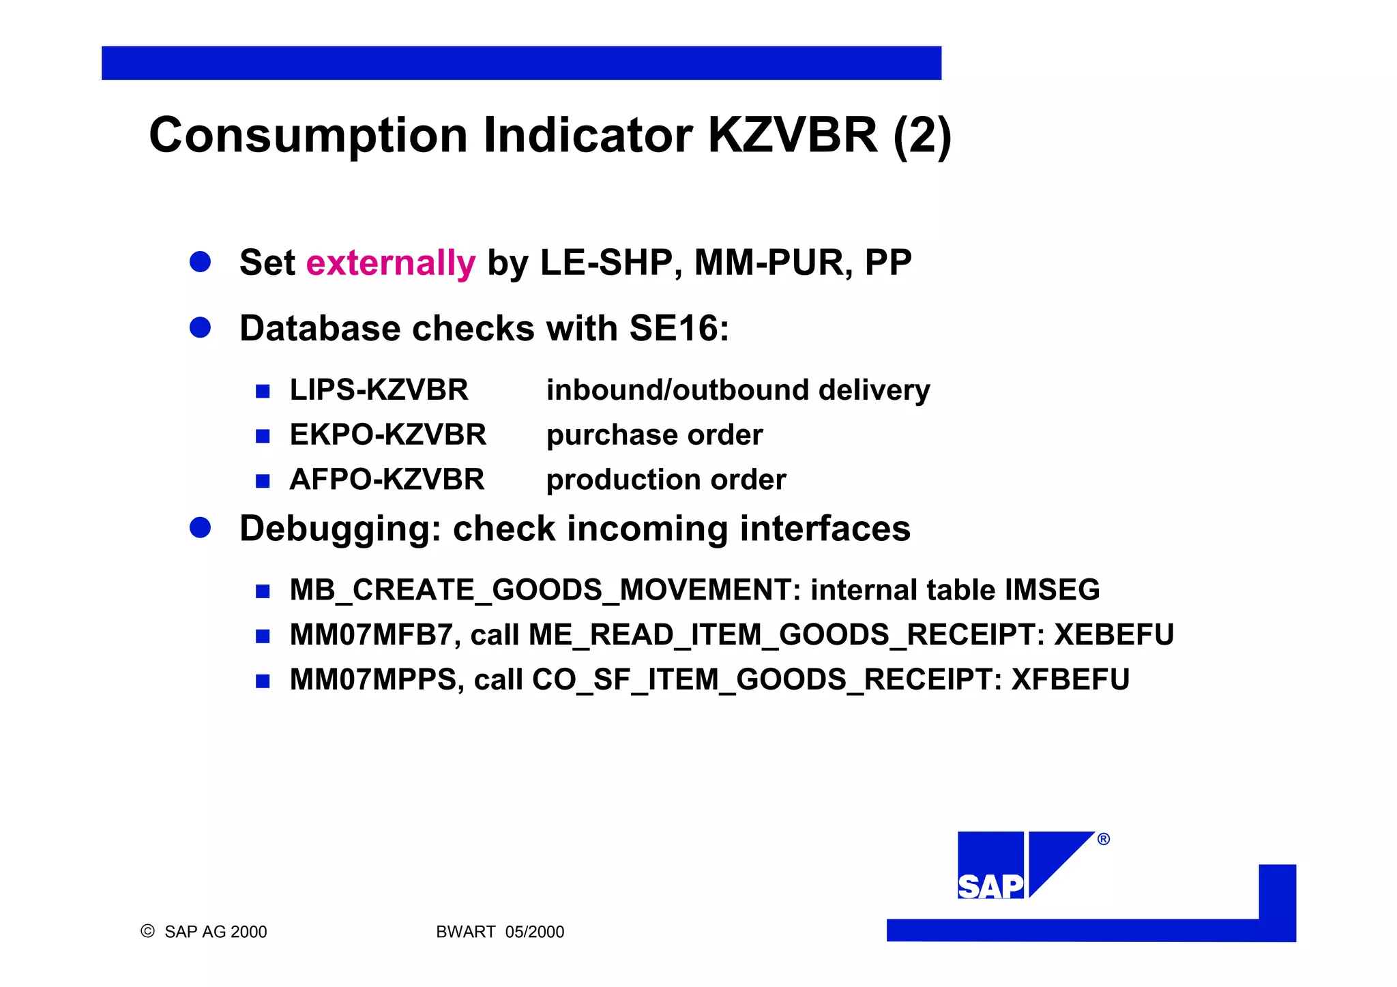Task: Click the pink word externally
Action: click(390, 263)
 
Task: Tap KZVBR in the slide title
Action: click(792, 135)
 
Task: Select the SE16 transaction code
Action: click(673, 329)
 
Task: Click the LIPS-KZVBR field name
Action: click(379, 390)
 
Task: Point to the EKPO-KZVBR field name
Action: click(387, 435)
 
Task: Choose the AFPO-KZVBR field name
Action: click(387, 480)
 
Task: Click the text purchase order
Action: click(654, 435)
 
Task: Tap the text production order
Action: click(666, 480)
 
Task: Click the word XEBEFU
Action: click(1114, 635)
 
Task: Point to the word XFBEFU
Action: click(1070, 679)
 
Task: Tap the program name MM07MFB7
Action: click(371, 635)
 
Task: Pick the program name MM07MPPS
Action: click(373, 679)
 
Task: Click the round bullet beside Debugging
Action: click(200, 528)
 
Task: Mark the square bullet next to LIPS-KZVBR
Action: click(263, 392)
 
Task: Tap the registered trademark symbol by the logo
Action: click(1103, 839)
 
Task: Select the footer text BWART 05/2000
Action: click(500, 932)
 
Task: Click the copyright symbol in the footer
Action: click(147, 931)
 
